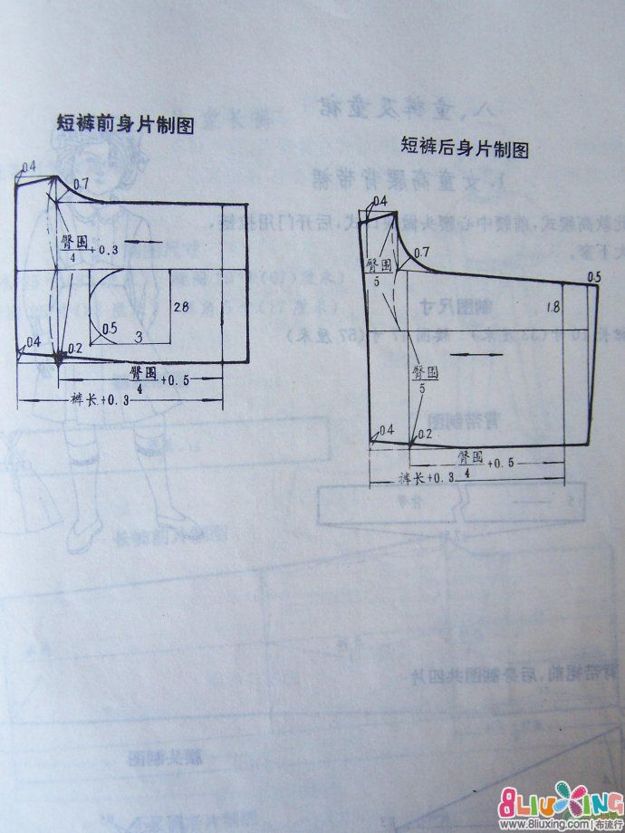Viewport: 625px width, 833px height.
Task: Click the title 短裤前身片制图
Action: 125,126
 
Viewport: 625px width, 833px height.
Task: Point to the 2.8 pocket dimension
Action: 182,309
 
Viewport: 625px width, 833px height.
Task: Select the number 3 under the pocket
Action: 139,336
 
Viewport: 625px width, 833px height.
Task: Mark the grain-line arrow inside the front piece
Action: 136,241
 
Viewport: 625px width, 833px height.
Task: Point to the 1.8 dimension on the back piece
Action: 553,309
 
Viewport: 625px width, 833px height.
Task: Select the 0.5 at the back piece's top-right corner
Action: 594,276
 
